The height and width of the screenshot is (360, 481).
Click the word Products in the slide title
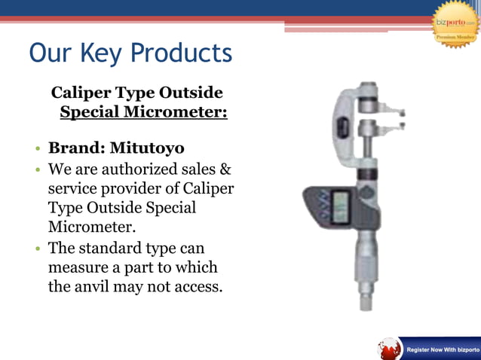(182, 53)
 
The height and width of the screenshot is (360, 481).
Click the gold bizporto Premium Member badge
(455, 23)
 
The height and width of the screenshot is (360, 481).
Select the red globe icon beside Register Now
(390, 349)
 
